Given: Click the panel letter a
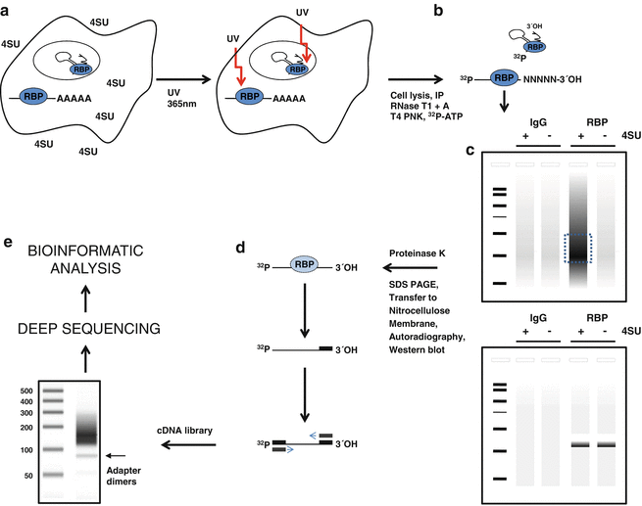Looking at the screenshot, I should [x=7, y=9].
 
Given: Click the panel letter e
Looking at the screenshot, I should [x=7, y=241].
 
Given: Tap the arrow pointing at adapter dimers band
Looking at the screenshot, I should [x=116, y=455].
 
